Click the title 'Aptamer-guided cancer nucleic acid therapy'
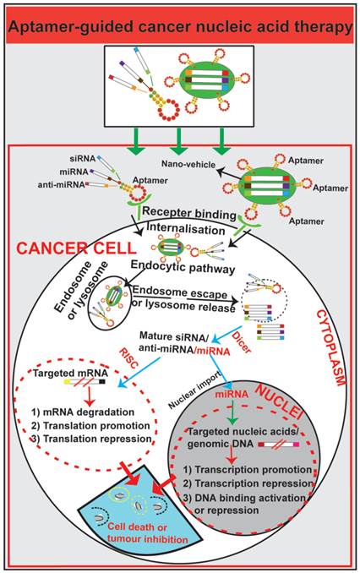click(179, 27)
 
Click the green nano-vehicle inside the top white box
click(215, 84)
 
